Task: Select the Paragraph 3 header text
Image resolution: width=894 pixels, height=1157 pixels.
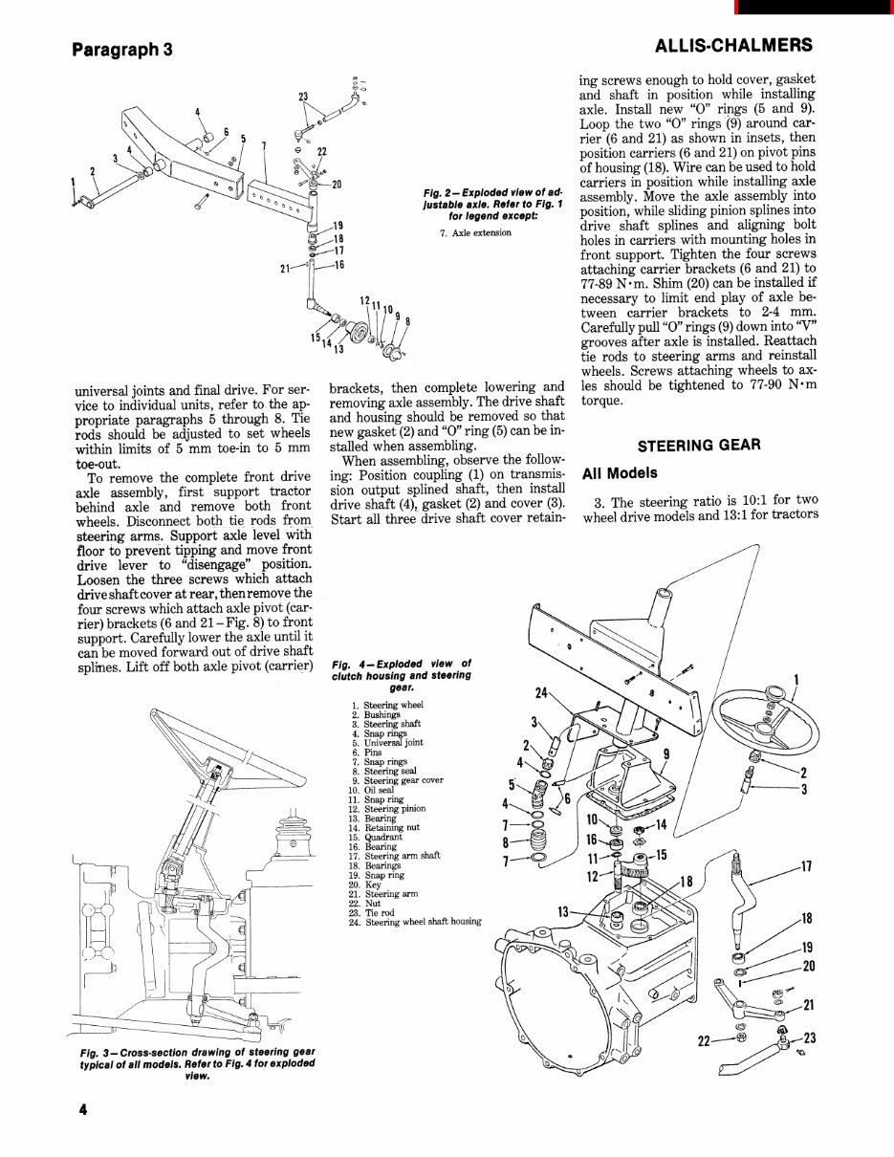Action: (121, 49)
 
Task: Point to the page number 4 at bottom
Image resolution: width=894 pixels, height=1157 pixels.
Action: (84, 1109)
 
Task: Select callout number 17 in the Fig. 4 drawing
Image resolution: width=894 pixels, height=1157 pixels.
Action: (805, 867)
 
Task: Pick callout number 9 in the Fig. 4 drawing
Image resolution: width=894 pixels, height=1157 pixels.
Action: (666, 755)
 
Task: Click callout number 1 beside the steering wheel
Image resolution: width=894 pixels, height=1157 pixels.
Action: (796, 681)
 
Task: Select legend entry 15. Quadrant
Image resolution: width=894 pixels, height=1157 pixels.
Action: (369, 837)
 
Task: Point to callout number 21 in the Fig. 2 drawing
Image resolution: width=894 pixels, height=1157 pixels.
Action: (285, 269)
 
